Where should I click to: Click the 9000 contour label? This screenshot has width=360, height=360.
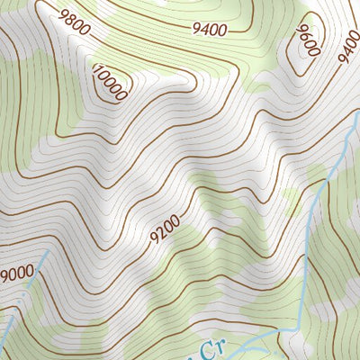17,272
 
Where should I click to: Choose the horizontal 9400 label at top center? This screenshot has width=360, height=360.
209,28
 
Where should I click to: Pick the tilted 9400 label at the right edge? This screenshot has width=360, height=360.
350,47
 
